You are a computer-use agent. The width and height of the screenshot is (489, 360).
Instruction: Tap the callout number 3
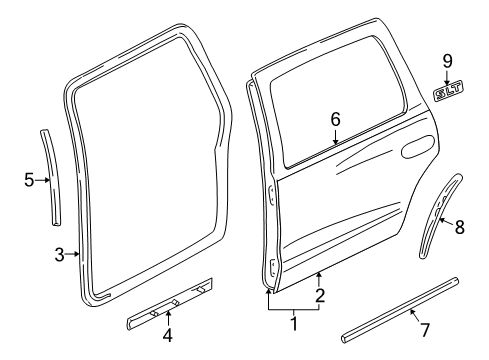tap(59, 254)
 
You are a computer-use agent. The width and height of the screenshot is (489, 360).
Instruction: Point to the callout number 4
tap(168, 334)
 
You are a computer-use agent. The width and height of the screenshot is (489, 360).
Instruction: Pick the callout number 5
tap(29, 180)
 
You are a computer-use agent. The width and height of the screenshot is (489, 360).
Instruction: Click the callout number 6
tap(336, 120)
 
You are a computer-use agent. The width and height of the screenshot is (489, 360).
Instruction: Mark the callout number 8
tap(459, 227)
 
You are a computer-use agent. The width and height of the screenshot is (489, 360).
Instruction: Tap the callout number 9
tap(448, 63)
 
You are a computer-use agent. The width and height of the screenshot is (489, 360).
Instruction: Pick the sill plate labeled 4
tap(170, 302)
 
